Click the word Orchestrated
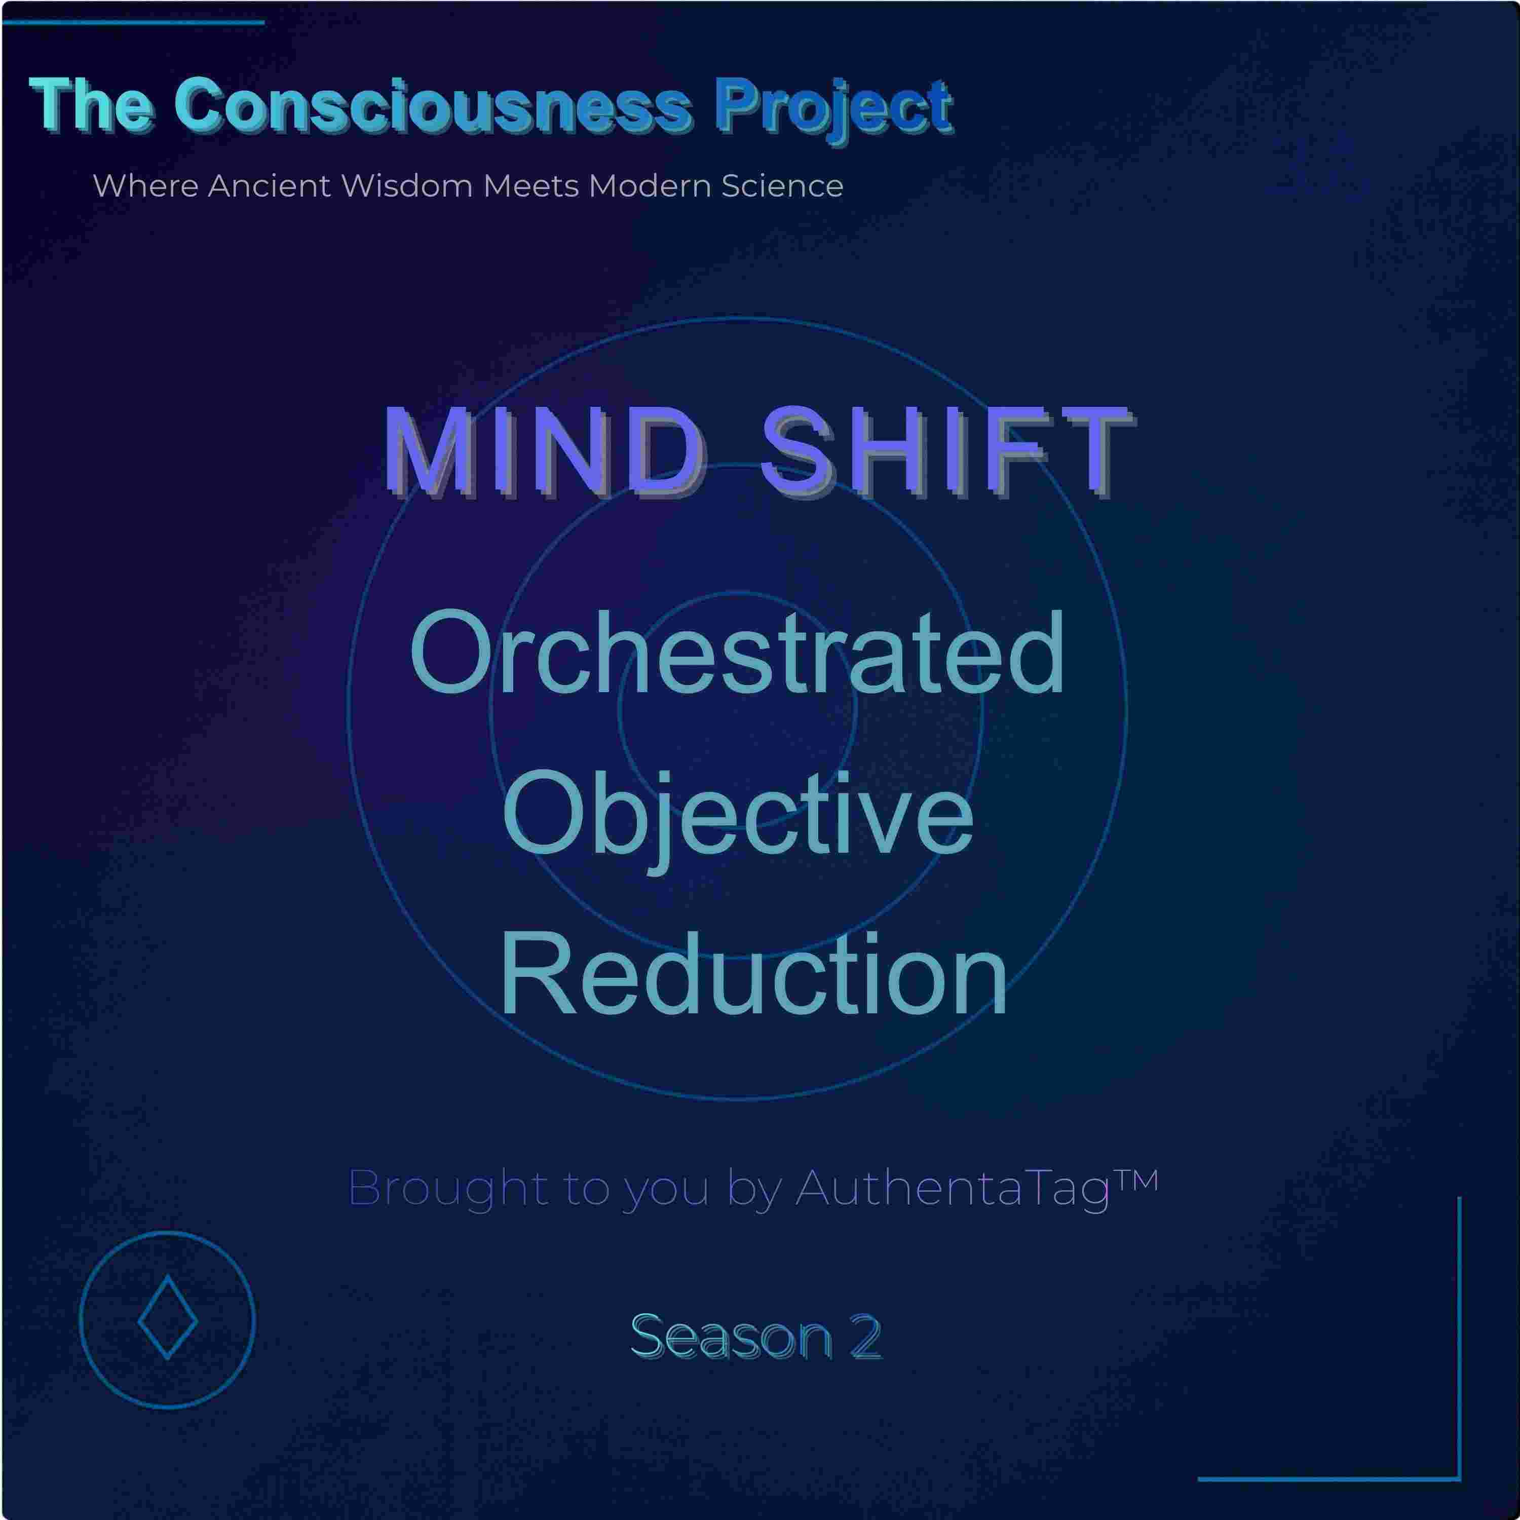coord(737,653)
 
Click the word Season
coord(731,1337)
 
